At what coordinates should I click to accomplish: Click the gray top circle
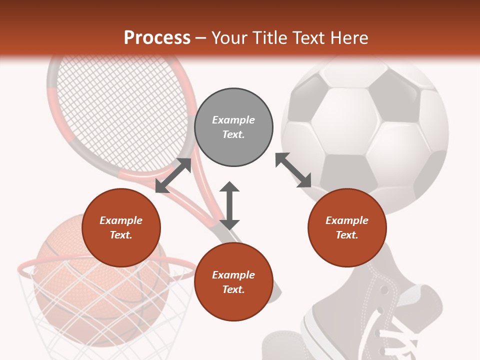(233, 127)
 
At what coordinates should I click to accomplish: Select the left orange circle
(121, 228)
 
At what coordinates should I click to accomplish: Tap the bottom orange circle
(233, 282)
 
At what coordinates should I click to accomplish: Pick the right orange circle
(347, 228)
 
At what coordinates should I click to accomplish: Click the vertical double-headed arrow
(229, 205)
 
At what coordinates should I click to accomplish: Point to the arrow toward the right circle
(293, 170)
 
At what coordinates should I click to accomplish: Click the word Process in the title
(157, 38)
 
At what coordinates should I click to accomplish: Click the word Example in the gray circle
(233, 120)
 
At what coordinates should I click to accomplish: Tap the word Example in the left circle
(121, 220)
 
